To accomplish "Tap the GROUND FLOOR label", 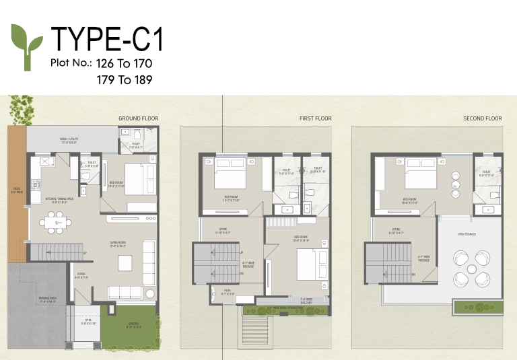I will (x=139, y=118).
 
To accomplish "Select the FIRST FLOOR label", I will (x=315, y=118).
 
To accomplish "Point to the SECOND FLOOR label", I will (x=483, y=118).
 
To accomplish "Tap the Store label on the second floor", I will (x=397, y=231).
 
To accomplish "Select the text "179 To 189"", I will (x=125, y=79).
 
